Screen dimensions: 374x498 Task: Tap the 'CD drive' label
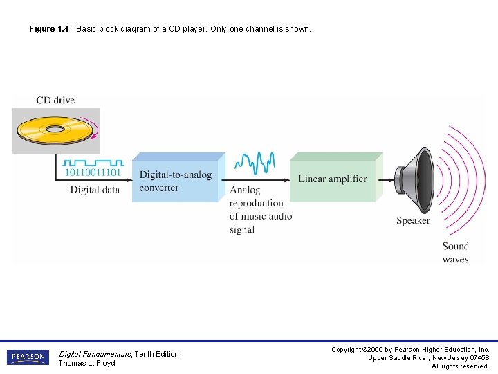click(55, 100)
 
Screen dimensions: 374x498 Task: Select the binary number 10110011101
click(93, 172)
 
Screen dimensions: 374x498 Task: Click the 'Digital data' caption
click(95, 190)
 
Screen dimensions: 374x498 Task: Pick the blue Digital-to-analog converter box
click(176, 181)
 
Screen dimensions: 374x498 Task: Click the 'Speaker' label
click(413, 221)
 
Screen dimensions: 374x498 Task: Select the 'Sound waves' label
click(456, 253)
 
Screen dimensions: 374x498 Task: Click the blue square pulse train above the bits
click(93, 162)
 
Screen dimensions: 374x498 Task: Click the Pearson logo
click(27, 357)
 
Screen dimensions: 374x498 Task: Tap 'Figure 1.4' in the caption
click(48, 29)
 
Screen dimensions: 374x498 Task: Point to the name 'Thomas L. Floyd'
click(86, 363)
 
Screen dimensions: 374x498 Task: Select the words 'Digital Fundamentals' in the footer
click(95, 354)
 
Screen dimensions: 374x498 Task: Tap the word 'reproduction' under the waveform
click(256, 203)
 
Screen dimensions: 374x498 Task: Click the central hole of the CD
click(55, 129)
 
